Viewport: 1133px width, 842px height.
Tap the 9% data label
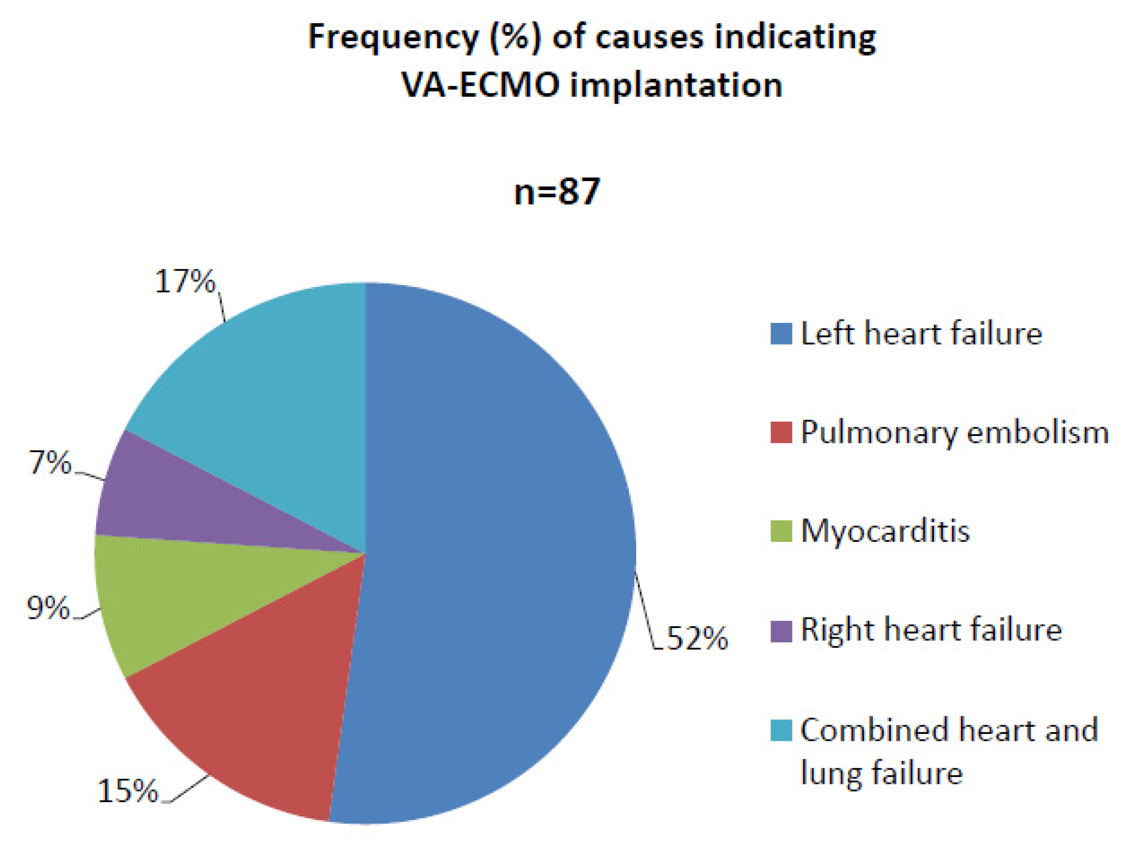click(48, 608)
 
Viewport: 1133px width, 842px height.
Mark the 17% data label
click(185, 281)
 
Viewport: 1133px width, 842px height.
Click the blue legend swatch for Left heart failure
click(781, 334)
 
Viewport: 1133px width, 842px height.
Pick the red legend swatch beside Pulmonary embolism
click(781, 432)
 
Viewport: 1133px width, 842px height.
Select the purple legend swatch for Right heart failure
click(781, 631)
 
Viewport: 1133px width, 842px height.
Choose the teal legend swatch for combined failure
click(781, 730)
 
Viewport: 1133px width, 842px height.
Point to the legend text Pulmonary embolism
click(955, 432)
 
